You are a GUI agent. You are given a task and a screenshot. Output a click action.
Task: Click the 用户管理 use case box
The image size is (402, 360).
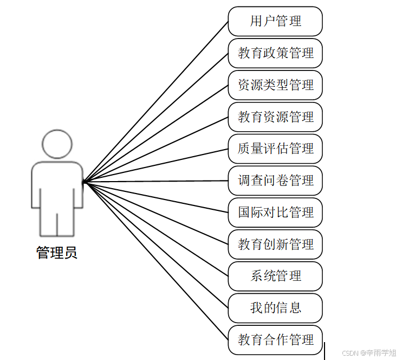[275, 22]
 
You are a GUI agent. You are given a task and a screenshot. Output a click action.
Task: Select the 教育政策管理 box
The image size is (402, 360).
[275, 53]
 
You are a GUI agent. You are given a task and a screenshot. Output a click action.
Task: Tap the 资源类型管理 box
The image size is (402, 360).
[275, 85]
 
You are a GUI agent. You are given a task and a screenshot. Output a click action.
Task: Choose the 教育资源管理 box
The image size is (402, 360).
[275, 117]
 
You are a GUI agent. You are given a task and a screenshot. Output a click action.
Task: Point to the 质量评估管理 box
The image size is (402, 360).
[275, 149]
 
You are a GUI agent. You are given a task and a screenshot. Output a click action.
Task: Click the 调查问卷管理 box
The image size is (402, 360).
[275, 181]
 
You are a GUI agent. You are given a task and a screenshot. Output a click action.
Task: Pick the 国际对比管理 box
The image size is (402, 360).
[275, 213]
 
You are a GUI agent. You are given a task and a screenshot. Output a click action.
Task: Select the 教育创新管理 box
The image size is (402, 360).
[275, 245]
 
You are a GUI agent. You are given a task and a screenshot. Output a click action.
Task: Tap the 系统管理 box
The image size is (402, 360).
[275, 276]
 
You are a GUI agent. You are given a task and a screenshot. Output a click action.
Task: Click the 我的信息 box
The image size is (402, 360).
[275, 308]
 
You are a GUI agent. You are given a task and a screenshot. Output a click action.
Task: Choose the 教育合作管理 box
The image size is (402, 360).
[275, 340]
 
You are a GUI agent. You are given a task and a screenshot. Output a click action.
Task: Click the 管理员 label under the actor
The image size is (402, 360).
[57, 253]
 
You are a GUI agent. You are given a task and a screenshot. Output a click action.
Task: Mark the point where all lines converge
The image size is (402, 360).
[85, 182]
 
